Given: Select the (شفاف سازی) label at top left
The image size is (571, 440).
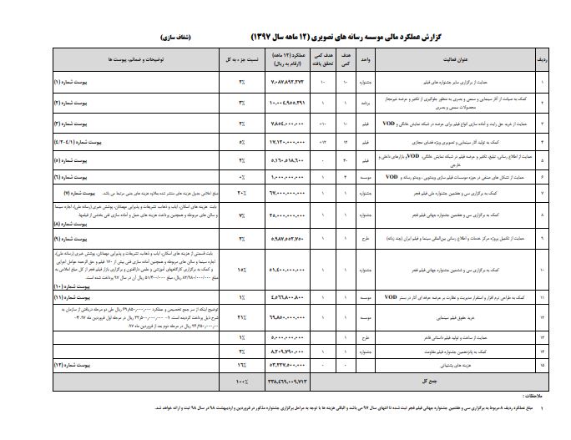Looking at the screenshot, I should (x=178, y=38).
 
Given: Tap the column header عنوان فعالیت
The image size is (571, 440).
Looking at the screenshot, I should (x=447, y=60).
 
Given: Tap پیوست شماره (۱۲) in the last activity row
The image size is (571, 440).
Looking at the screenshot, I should (x=75, y=364).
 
